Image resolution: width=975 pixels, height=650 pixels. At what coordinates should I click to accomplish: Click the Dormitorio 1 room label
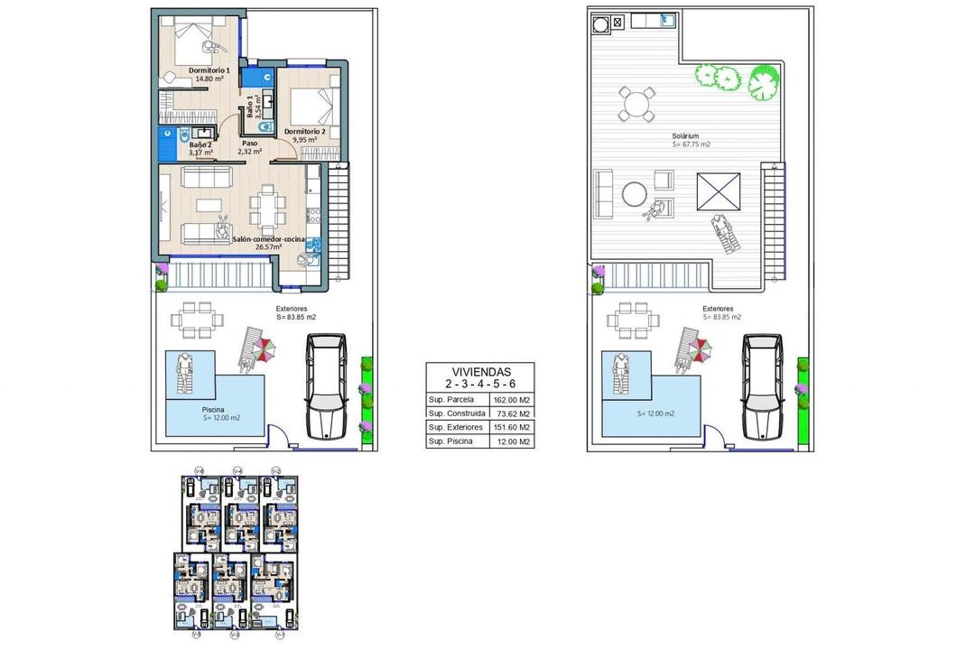[209, 70]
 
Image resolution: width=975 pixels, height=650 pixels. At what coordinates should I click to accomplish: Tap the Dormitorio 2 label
[304, 131]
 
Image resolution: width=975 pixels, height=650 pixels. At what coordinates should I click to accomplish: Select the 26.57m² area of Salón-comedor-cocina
[269, 246]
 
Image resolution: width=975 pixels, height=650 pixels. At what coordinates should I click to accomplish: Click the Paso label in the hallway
[249, 143]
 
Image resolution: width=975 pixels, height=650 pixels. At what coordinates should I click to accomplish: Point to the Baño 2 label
[200, 144]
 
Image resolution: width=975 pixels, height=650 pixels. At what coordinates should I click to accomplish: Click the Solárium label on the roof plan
[692, 135]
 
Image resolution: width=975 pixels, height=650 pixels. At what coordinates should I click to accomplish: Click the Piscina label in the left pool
[214, 409]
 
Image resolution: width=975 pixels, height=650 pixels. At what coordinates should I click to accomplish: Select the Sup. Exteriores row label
[453, 427]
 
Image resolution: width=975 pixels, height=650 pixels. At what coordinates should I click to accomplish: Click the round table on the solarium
[635, 193]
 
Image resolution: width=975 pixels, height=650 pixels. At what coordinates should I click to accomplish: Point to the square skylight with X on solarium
[717, 191]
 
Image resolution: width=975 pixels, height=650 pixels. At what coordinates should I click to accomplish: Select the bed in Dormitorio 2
[318, 104]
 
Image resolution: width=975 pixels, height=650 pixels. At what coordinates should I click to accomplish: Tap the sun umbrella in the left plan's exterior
[263, 350]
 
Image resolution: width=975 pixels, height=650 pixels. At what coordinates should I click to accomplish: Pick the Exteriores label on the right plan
[721, 309]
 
